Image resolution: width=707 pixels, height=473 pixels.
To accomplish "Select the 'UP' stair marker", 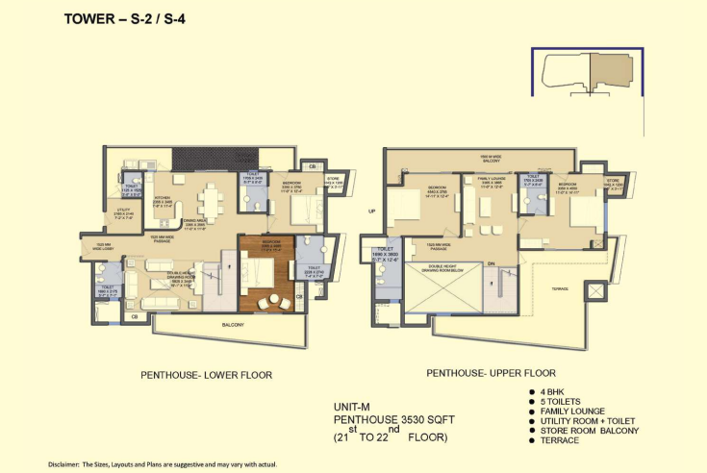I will (370, 211).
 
